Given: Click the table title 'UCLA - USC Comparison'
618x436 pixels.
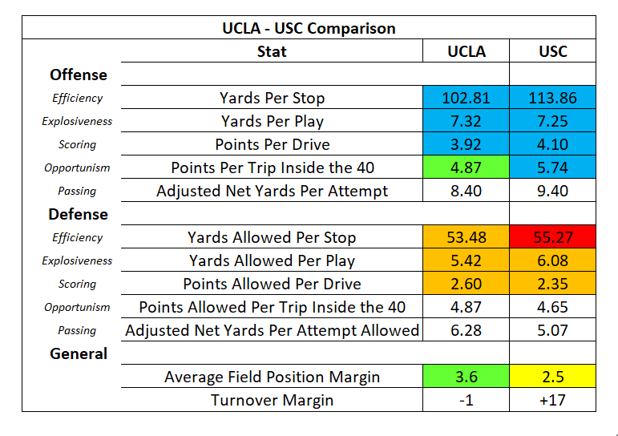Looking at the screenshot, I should [x=309, y=28].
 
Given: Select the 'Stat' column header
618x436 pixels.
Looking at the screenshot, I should [x=272, y=51].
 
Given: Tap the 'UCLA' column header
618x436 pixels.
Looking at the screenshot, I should [x=466, y=51].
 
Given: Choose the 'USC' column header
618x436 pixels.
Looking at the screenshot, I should [x=552, y=51].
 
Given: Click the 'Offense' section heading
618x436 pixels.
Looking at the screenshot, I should [x=78, y=75].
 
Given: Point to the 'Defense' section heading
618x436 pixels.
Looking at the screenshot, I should [x=78, y=214].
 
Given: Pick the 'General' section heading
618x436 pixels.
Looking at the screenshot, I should [x=78, y=353].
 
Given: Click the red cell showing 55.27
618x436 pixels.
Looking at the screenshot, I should [x=552, y=237].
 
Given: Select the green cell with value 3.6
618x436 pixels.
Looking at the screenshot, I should [x=466, y=377].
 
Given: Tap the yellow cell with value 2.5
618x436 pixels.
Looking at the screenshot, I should [x=552, y=377].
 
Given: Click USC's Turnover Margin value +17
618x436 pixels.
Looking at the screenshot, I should [x=552, y=400].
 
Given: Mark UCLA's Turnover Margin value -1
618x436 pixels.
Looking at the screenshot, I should [x=466, y=400].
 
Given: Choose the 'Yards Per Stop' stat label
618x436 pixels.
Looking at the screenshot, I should [x=272, y=98].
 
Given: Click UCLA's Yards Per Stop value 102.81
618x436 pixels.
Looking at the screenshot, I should [x=466, y=98].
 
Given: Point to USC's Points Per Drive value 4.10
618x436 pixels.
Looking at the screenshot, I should [x=552, y=144].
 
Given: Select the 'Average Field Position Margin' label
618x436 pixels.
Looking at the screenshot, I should [x=272, y=377].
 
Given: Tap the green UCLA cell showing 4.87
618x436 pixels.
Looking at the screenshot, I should [x=466, y=168].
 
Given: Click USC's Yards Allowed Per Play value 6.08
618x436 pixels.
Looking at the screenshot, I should [x=552, y=260].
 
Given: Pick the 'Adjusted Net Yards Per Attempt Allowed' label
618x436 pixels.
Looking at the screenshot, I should [x=272, y=330].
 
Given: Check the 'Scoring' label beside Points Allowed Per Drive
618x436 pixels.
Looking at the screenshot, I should [x=77, y=284].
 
